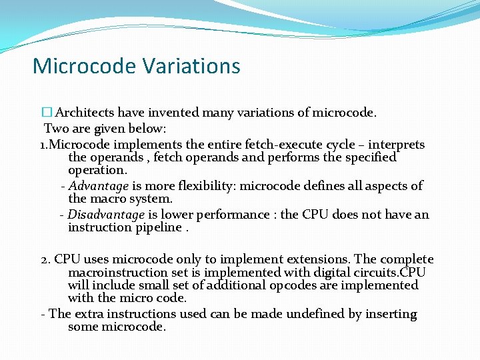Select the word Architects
pos(83,113)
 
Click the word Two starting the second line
pos(56,129)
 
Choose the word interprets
pos(396,144)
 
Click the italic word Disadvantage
pos(106,215)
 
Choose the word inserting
pos(389,314)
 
